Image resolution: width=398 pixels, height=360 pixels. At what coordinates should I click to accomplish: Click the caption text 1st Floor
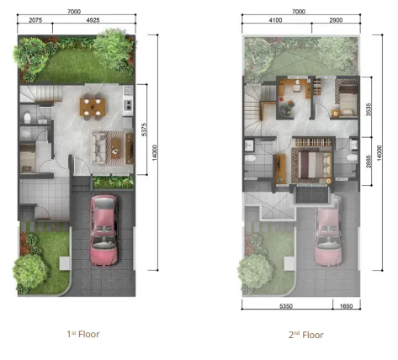83,334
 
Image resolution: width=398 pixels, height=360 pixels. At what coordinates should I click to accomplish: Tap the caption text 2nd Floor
306,334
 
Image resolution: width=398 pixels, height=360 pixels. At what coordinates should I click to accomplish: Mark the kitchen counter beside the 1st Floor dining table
127,103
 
